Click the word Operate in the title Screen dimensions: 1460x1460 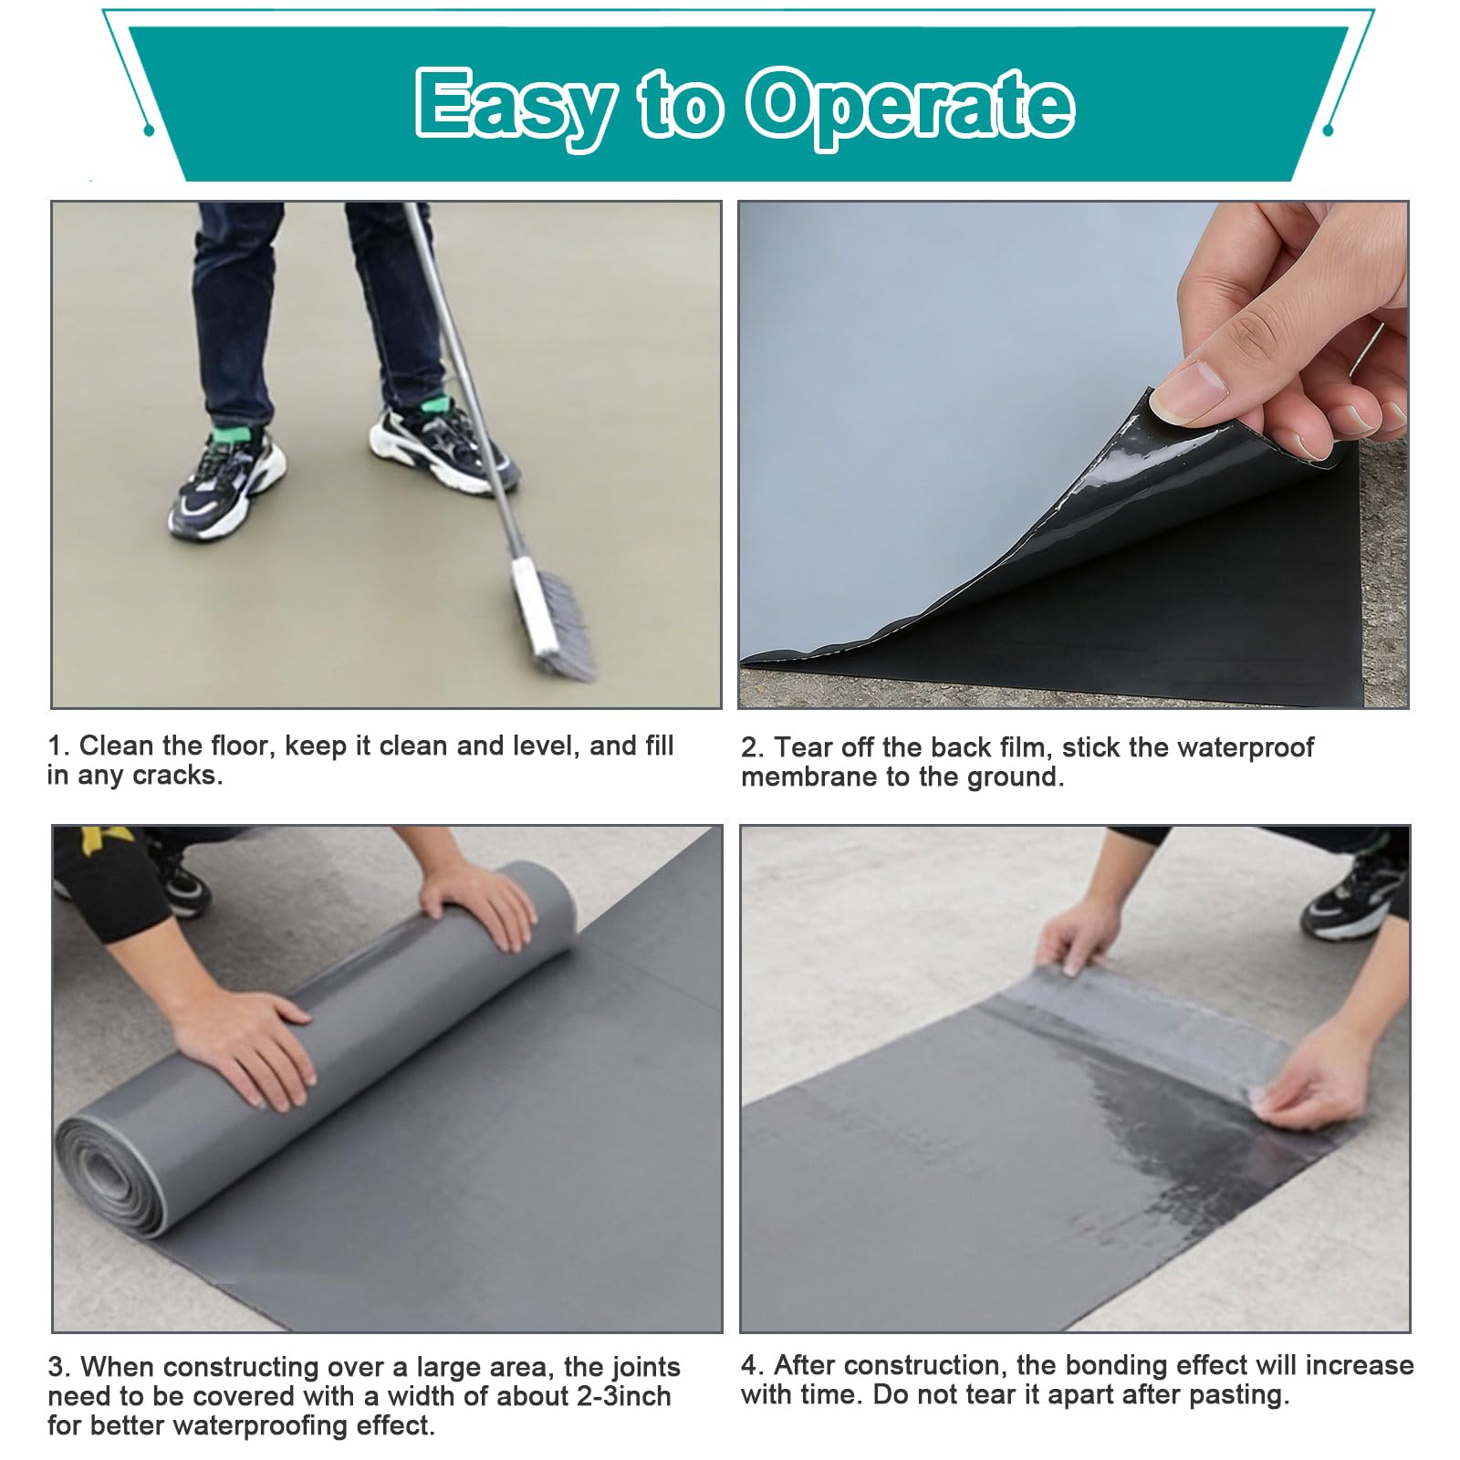[910, 108]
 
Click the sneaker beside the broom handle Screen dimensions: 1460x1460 [444, 447]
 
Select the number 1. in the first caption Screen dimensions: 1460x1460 [59, 746]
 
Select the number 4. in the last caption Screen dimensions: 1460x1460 [752, 1365]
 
